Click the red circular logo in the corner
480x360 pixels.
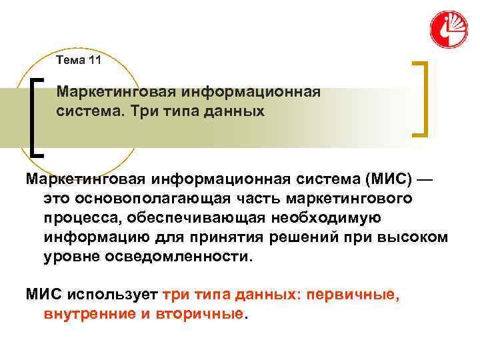point(449,29)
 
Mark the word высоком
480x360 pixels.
point(418,237)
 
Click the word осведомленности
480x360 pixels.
point(178,257)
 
